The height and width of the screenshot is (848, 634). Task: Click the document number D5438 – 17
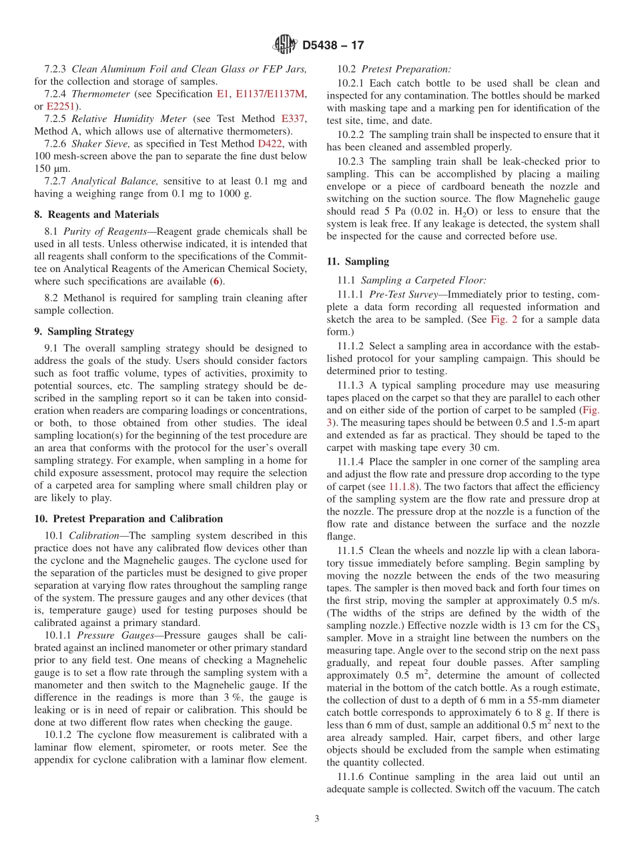334,45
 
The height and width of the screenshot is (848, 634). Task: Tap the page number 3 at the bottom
317,819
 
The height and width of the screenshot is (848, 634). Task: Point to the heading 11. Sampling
358,261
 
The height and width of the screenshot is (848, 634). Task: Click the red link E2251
59,106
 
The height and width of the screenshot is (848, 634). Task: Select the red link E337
293,119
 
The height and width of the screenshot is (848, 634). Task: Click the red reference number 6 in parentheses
216,281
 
